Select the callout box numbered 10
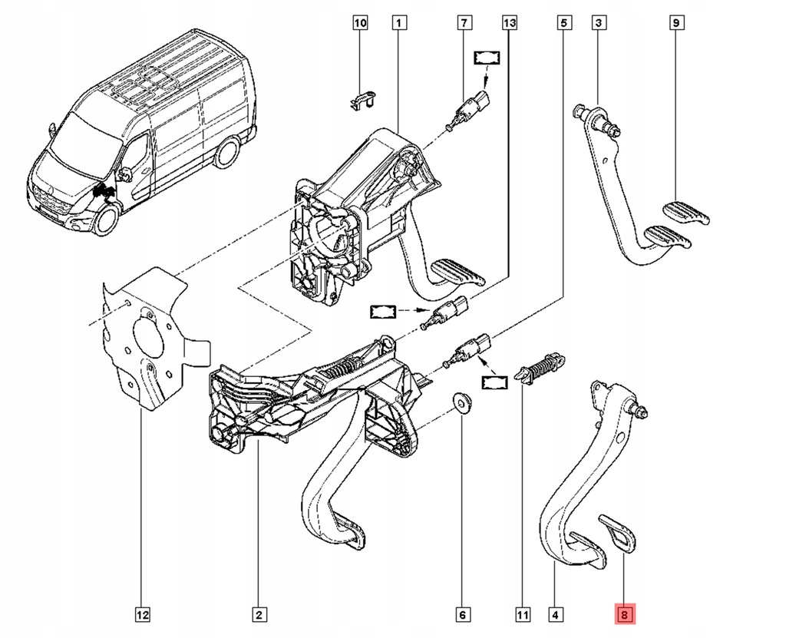[360, 24]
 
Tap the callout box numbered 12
[142, 614]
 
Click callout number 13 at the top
[509, 24]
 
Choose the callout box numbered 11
[523, 614]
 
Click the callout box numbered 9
[675, 24]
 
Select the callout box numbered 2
[258, 614]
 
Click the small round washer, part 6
[462, 402]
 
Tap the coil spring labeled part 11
[543, 366]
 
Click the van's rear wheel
[227, 153]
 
